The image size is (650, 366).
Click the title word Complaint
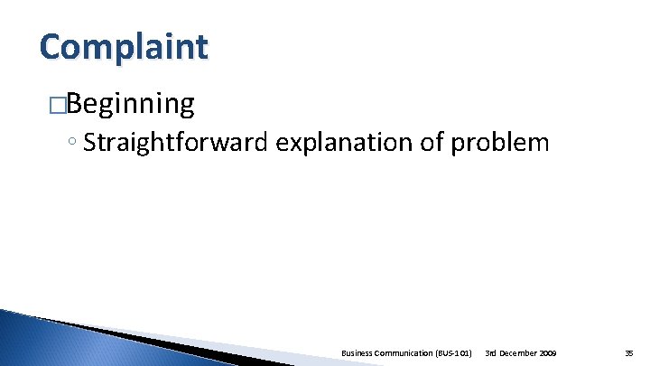coord(123,46)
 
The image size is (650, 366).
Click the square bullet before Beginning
coord(57,106)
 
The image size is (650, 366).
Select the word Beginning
coord(129,106)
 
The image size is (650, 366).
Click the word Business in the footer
coord(361,352)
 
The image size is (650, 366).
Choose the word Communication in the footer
coord(411,352)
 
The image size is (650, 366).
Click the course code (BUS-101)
coord(455,352)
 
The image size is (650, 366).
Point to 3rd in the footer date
coord(491,352)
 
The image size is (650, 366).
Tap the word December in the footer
coord(518,352)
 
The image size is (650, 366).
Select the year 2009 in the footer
coord(547,352)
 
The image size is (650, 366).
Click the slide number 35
coord(629,352)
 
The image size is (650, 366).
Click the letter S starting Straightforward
coord(88,143)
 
